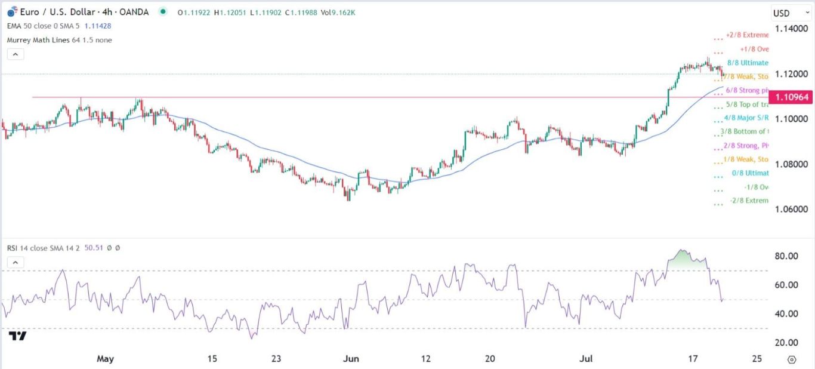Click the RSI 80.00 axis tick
point(786,256)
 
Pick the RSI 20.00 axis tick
point(786,342)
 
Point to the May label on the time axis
point(105,359)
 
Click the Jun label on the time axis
point(351,359)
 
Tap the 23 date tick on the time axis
point(276,359)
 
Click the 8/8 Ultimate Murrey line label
point(748,63)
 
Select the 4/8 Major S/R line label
point(746,118)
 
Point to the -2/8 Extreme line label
point(749,201)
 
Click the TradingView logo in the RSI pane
point(18,337)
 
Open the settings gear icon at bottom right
point(792,359)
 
